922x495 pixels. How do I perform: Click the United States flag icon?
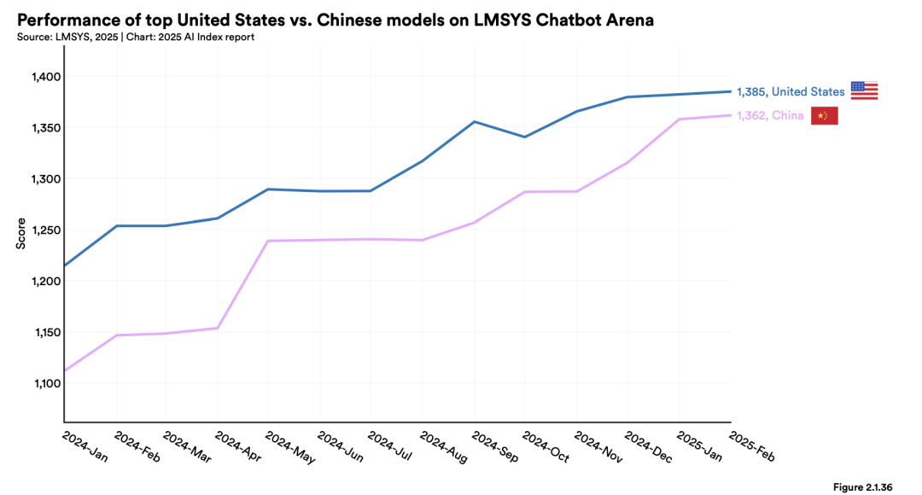tap(864, 90)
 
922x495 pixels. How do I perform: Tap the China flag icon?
tap(824, 116)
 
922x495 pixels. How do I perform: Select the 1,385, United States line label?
tap(791, 91)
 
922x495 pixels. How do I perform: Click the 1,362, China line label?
tap(770, 116)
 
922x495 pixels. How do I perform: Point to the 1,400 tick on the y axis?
tap(41, 77)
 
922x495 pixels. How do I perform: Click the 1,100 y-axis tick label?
tap(41, 383)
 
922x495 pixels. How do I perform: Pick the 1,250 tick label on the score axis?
tap(41, 230)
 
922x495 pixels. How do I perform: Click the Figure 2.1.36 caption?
tap(862, 486)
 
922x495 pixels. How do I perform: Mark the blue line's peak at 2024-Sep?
tap(475, 121)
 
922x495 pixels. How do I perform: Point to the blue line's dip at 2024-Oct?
tap(525, 137)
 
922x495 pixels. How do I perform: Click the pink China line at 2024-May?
tap(269, 241)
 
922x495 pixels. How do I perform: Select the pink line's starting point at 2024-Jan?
tap(65, 370)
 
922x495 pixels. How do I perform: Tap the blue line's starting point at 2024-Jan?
tap(65, 265)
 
